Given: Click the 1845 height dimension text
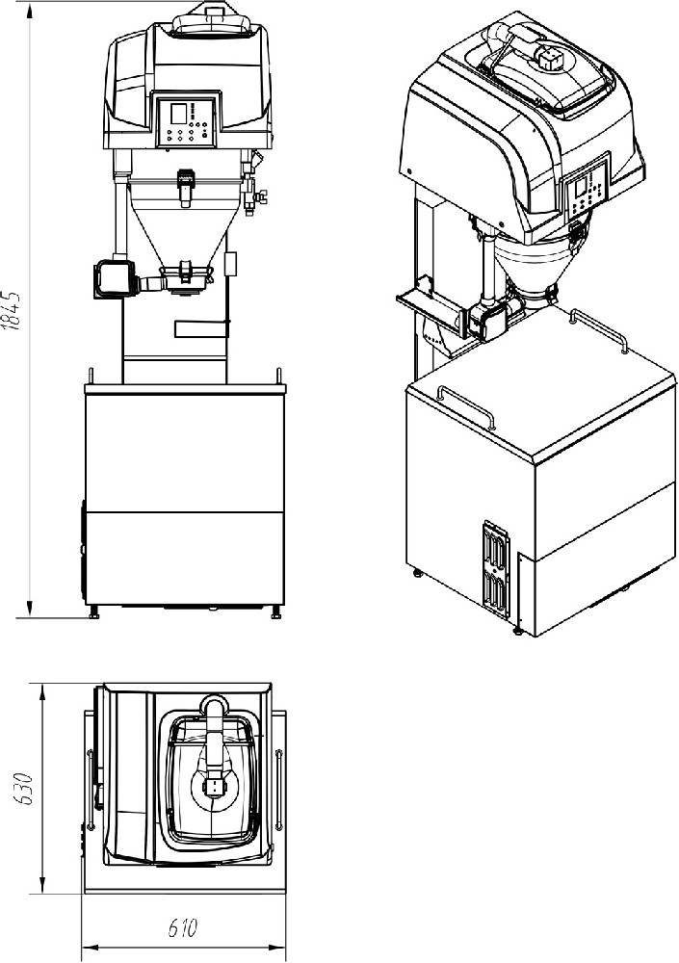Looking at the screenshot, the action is (x=12, y=309).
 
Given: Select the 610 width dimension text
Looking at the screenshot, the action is (x=182, y=927).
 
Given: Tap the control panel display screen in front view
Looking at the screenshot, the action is (x=178, y=113).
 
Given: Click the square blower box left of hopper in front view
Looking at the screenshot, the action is (x=114, y=278).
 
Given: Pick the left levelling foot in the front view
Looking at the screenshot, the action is (x=94, y=612).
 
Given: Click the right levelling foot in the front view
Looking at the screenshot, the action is (x=276, y=612).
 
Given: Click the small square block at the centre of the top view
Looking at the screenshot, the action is (x=215, y=788).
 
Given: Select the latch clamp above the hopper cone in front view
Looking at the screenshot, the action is (x=185, y=187).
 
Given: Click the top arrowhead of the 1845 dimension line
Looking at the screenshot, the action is (x=30, y=13).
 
